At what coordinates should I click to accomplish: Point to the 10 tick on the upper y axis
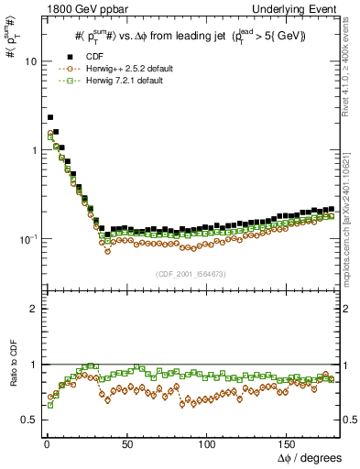pos(27,61)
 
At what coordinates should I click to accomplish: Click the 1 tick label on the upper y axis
pos(29,150)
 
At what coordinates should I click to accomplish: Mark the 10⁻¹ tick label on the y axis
pos(25,239)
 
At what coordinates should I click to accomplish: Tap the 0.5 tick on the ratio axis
pos(26,420)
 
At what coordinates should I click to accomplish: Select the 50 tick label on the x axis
pos(125,443)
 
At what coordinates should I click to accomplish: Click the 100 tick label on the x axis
pos(207,443)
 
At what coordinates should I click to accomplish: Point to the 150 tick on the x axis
pos(289,443)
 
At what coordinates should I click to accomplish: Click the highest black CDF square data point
pos(49,117)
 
